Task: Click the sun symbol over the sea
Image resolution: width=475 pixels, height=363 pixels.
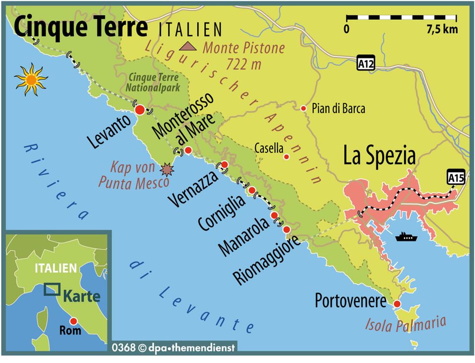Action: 31,79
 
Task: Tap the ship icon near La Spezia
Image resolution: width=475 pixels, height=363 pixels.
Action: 406,237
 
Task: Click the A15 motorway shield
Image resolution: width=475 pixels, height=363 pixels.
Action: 455,177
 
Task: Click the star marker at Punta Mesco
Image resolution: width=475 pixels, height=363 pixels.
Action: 168,170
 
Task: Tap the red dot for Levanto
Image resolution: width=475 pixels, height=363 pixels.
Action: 140,110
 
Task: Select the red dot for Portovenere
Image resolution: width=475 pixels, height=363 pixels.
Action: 397,304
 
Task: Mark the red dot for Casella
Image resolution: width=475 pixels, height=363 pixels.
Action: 286,157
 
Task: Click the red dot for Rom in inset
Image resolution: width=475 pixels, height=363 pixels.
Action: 73,321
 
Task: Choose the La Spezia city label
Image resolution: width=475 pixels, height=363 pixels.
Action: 379,156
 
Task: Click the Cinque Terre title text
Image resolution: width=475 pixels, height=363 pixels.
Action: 81,27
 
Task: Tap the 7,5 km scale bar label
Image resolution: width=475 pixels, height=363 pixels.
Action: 442,29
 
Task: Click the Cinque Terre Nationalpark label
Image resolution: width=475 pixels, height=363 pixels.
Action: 154,81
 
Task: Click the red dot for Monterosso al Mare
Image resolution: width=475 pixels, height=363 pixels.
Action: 188,150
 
